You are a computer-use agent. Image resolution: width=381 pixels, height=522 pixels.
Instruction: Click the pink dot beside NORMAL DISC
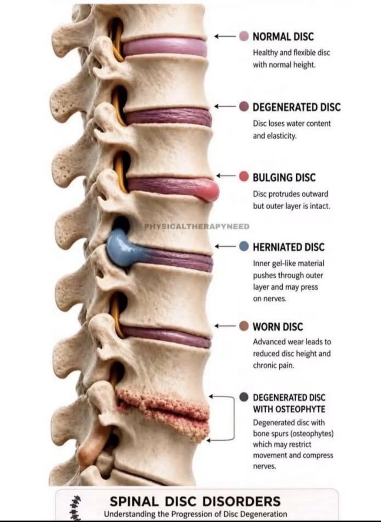[x=244, y=36]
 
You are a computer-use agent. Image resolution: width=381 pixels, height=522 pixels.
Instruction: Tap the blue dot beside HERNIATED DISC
[x=244, y=246]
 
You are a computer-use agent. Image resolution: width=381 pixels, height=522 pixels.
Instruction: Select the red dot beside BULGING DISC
[x=244, y=177]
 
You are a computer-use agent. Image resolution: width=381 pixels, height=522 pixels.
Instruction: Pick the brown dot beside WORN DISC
[x=244, y=326]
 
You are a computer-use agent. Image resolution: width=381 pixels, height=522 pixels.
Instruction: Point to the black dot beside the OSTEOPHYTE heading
[x=244, y=397]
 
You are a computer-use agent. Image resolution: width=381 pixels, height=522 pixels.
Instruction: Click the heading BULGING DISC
[x=284, y=177]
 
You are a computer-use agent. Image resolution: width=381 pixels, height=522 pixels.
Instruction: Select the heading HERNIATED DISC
[x=289, y=247]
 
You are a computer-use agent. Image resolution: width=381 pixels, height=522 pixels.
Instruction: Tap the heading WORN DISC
[x=278, y=327]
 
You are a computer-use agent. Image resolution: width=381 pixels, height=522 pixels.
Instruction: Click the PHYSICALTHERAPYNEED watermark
[x=197, y=226]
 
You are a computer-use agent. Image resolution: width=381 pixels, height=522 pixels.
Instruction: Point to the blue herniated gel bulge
[x=120, y=249]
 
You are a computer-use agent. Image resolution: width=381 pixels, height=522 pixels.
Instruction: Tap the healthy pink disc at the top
[x=164, y=47]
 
